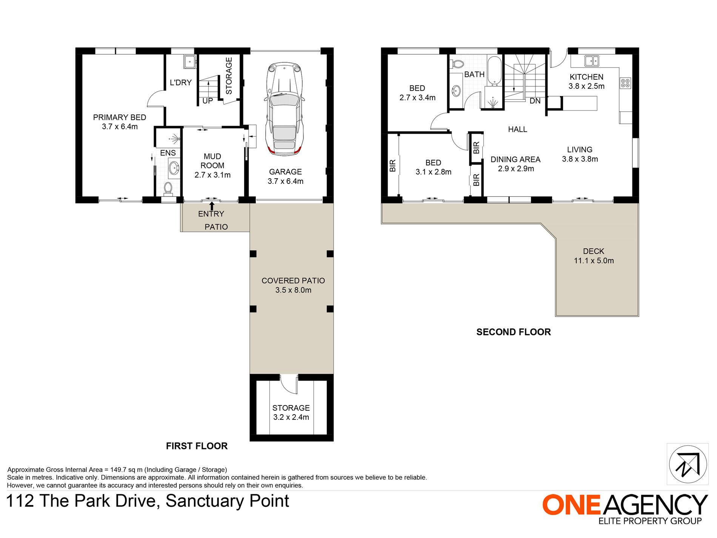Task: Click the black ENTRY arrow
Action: pyautogui.click(x=212, y=206)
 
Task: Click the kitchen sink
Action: pyautogui.click(x=592, y=60)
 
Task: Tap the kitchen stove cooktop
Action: pyautogui.click(x=625, y=83)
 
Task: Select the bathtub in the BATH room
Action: pyautogui.click(x=494, y=71)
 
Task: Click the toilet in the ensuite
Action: pyautogui.click(x=168, y=188)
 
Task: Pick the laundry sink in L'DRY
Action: pyautogui.click(x=190, y=62)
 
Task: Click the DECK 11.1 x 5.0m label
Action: pyautogui.click(x=594, y=256)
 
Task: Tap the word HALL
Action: pyautogui.click(x=517, y=129)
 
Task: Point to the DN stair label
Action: pyautogui.click(x=535, y=101)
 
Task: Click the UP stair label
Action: pyautogui.click(x=208, y=101)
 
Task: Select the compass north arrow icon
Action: pyautogui.click(x=688, y=464)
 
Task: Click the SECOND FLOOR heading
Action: pyautogui.click(x=514, y=332)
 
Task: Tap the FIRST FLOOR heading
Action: pyautogui.click(x=197, y=446)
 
